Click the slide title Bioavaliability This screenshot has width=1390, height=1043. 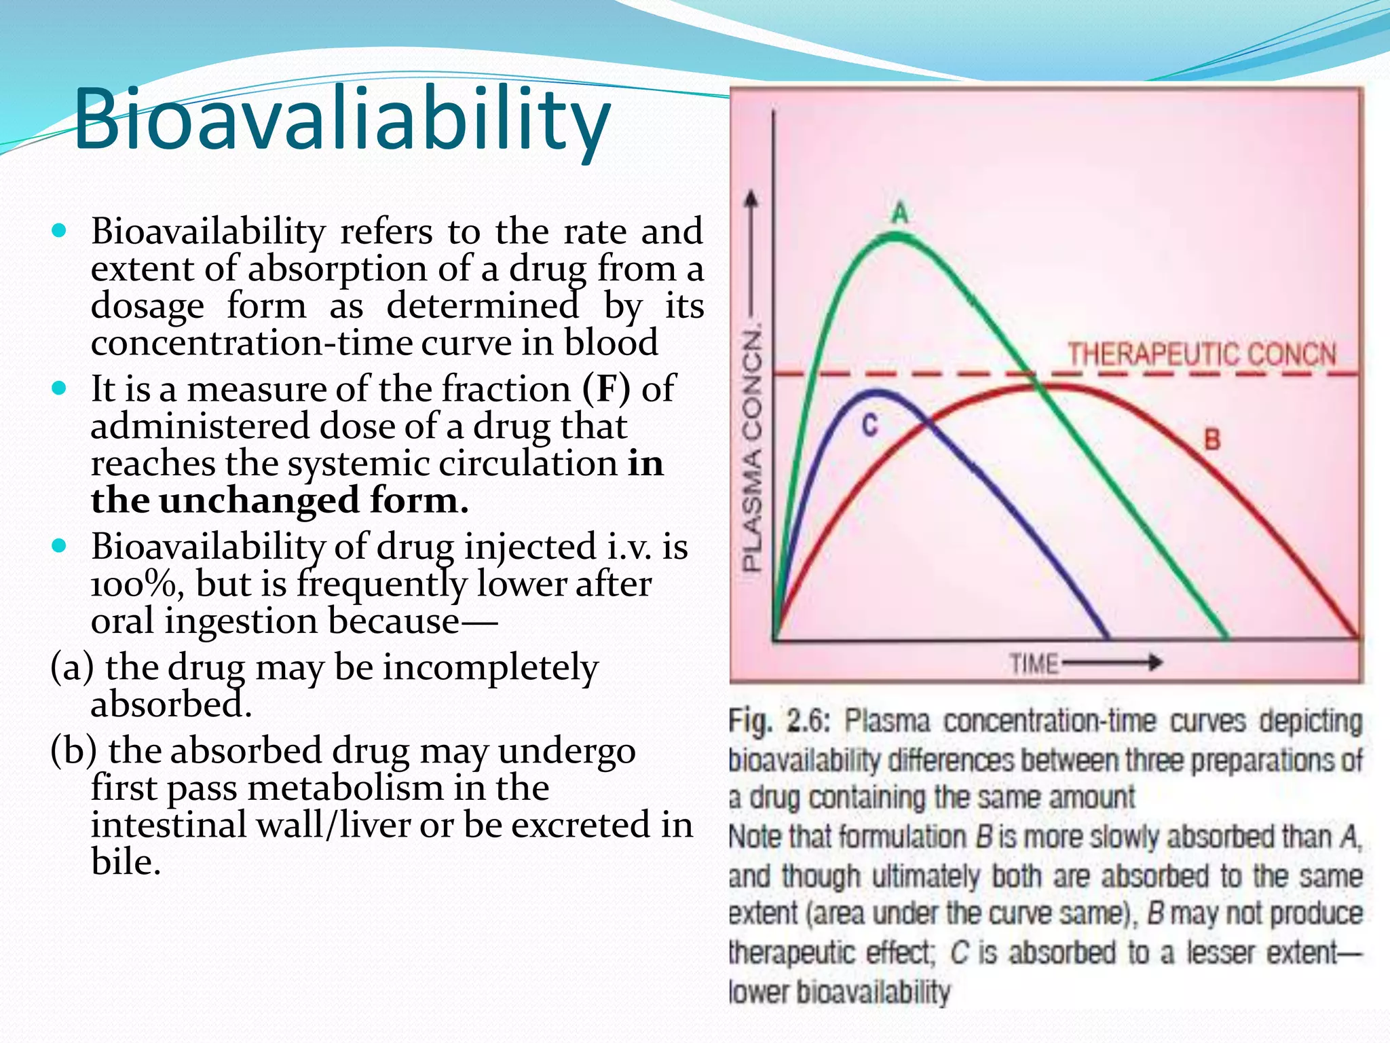pyautogui.click(x=341, y=120)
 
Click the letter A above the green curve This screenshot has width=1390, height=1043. pyautogui.click(x=899, y=213)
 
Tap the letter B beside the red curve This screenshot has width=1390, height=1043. pyautogui.click(x=1212, y=439)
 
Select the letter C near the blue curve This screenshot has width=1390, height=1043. pyautogui.click(x=869, y=426)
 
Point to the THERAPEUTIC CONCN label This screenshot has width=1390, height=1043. pyautogui.click(x=1202, y=354)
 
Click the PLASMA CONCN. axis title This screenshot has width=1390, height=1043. pyautogui.click(x=752, y=448)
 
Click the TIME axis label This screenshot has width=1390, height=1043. pyautogui.click(x=1033, y=663)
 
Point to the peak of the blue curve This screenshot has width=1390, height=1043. pyautogui.click(x=878, y=392)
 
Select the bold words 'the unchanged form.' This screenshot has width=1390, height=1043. pyautogui.click(x=280, y=500)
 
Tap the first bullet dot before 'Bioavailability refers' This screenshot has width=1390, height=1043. pyautogui.click(x=60, y=231)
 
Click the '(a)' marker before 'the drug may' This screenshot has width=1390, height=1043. pyautogui.click(x=71, y=667)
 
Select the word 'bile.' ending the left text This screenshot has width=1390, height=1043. pyautogui.click(x=126, y=862)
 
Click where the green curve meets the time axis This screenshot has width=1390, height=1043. pyautogui.click(x=1227, y=638)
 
